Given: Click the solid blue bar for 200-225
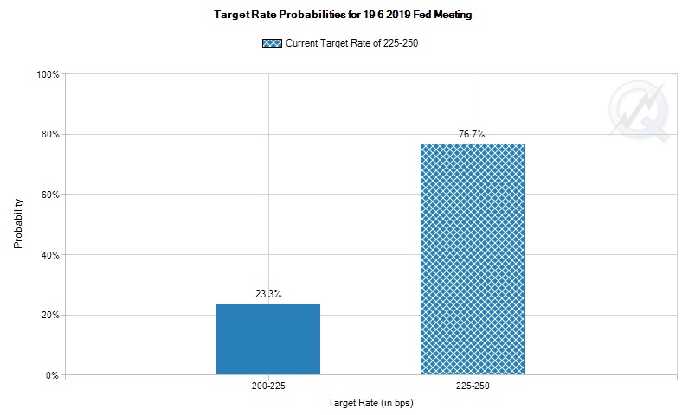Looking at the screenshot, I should tap(267, 340).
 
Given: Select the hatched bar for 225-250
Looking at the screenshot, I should tap(473, 259).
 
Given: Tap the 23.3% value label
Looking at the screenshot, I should tap(268, 294).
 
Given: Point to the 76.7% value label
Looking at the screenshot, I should tap(472, 134).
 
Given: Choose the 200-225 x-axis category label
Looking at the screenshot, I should tap(268, 386).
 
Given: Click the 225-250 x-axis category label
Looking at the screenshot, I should tap(473, 386).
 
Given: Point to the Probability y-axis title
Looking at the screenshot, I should tap(18, 225).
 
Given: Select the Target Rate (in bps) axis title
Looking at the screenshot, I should tap(370, 404).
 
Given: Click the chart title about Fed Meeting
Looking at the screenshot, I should tap(342, 16).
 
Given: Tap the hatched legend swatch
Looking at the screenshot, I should tap(270, 42).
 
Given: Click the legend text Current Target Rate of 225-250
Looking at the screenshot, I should tap(353, 42).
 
